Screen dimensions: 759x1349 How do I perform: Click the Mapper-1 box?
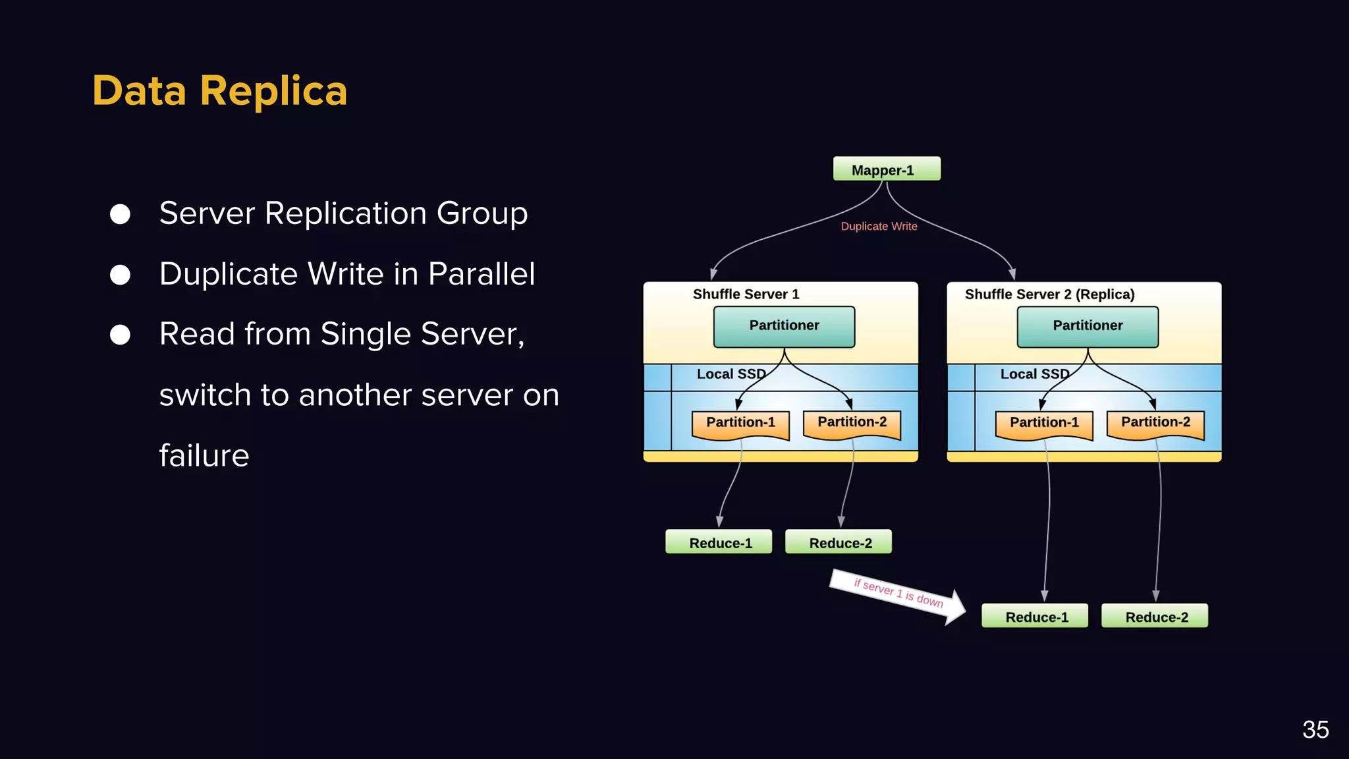[886, 169]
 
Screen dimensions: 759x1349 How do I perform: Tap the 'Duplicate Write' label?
[879, 226]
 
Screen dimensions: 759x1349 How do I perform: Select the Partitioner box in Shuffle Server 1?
[784, 326]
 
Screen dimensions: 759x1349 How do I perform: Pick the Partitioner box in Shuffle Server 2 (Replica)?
[1087, 326]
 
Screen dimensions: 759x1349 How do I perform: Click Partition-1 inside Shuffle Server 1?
[740, 423]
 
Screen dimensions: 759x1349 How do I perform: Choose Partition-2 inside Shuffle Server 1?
[852, 423]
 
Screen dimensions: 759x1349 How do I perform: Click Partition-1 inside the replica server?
[1044, 423]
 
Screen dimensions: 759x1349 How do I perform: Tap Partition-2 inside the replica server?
[1155, 423]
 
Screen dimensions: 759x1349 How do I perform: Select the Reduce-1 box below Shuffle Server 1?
[719, 542]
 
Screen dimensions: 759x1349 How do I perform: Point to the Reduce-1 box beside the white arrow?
[1035, 616]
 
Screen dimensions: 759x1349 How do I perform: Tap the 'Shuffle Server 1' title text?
[746, 295]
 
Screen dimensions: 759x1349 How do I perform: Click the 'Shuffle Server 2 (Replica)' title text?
[1049, 295]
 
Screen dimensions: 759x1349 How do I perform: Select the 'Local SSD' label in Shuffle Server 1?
[730, 374]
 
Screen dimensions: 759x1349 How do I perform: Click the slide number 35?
[1315, 729]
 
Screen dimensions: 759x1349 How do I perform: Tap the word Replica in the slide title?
[273, 91]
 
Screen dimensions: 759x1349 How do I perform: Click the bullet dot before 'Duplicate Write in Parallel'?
[120, 275]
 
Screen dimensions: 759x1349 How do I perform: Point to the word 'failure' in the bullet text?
[204, 456]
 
